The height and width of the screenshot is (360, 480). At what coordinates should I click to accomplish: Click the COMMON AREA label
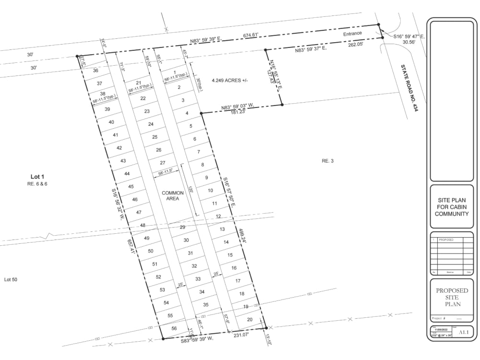coord(172,195)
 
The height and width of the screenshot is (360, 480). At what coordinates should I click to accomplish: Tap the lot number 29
coord(182,227)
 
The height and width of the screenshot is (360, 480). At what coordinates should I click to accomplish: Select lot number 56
coord(174,328)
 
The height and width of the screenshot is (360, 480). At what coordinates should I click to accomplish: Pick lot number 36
coord(95,71)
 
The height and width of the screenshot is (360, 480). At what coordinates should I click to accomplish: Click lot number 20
coord(249,319)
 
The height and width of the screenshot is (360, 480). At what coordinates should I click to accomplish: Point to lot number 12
coord(218,216)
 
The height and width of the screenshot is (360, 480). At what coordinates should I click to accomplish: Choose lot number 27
coord(163,163)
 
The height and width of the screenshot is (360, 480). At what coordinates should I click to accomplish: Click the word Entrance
coord(352,34)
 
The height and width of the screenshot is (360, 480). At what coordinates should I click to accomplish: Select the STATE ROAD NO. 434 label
coord(409,88)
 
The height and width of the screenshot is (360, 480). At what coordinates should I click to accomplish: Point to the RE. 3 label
coord(327,161)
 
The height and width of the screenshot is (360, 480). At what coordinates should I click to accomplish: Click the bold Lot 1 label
coord(37,177)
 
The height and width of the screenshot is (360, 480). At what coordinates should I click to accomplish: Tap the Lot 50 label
coord(11,279)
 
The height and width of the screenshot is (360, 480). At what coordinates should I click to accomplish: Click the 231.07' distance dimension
coord(243,336)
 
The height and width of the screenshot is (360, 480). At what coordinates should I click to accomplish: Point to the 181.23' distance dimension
coord(237,112)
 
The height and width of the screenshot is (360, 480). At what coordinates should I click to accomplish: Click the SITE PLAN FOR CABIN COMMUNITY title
coord(452,207)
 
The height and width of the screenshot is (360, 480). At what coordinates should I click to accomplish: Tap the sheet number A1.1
coord(463,332)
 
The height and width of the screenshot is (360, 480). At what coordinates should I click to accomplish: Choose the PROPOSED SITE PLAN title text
coord(452,297)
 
